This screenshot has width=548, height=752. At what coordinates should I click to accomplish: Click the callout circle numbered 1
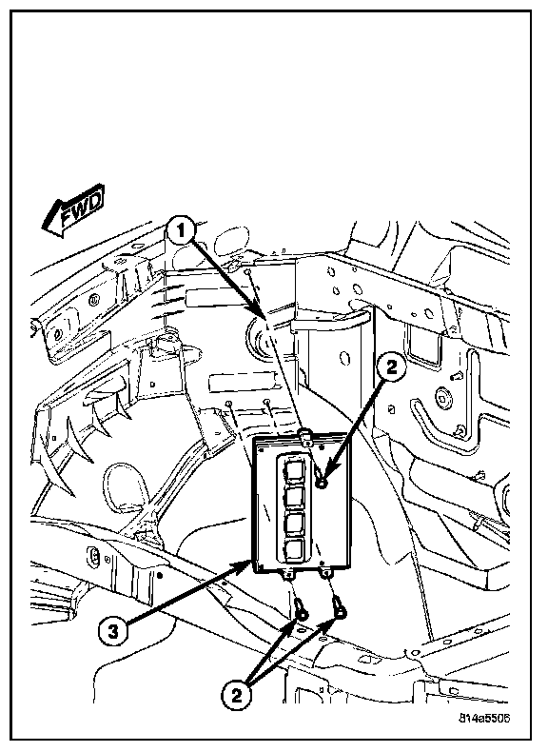(181, 231)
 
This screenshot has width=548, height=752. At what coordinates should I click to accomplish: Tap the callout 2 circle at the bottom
(237, 696)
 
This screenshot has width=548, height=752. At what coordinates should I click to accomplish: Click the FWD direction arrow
(73, 210)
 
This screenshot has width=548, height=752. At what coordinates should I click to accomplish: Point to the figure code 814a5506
(484, 719)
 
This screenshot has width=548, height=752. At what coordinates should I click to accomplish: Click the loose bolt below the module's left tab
(302, 606)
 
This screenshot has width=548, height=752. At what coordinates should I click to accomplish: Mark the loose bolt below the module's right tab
(340, 606)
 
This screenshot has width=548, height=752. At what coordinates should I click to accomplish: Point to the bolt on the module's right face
(323, 483)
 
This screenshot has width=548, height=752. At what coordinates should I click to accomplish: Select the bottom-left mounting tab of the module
(289, 575)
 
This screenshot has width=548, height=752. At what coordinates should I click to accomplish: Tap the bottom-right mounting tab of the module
(326, 573)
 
